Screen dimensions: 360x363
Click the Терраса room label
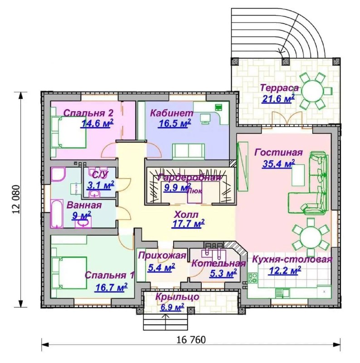pyautogui.click(x=279, y=88)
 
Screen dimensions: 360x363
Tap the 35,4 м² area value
pyautogui.click(x=278, y=163)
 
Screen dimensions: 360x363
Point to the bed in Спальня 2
pyautogui.click(x=69, y=132)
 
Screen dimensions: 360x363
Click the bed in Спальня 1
pyautogui.click(x=69, y=273)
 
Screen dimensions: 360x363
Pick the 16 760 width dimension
pyautogui.click(x=191, y=339)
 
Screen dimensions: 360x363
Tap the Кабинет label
pyautogui.click(x=172, y=113)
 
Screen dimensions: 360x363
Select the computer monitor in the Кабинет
pyautogui.click(x=204, y=118)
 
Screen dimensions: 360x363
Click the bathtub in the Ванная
pyautogui.click(x=57, y=214)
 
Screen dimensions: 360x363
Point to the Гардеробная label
pyautogui.click(x=189, y=178)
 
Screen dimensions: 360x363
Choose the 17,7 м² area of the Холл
pyautogui.click(x=188, y=224)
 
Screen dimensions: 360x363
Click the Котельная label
pyautogui.click(x=219, y=264)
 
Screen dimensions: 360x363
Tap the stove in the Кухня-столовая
pyautogui.click(x=253, y=278)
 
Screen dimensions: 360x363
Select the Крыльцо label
pyautogui.click(x=177, y=297)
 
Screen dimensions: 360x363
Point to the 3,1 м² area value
pyautogui.click(x=100, y=185)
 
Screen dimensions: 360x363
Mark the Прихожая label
pyautogui.click(x=162, y=255)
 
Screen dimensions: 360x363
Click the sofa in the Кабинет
pyautogui.click(x=188, y=152)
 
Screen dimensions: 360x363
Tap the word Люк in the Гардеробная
pyautogui.click(x=195, y=191)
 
